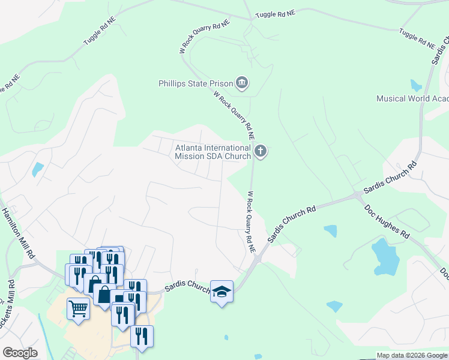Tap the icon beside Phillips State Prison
click(x=242, y=82)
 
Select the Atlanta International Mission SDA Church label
click(x=212, y=152)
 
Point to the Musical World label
click(x=412, y=98)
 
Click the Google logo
click(x=20, y=353)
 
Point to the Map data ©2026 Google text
click(x=411, y=355)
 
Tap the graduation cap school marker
click(x=221, y=292)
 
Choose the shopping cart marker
click(x=78, y=309)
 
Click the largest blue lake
click(x=385, y=256)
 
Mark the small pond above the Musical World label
click(x=416, y=85)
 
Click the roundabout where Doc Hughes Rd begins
click(x=358, y=195)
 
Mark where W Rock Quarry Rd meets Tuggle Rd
click(x=250, y=19)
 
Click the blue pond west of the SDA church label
click(x=38, y=169)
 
